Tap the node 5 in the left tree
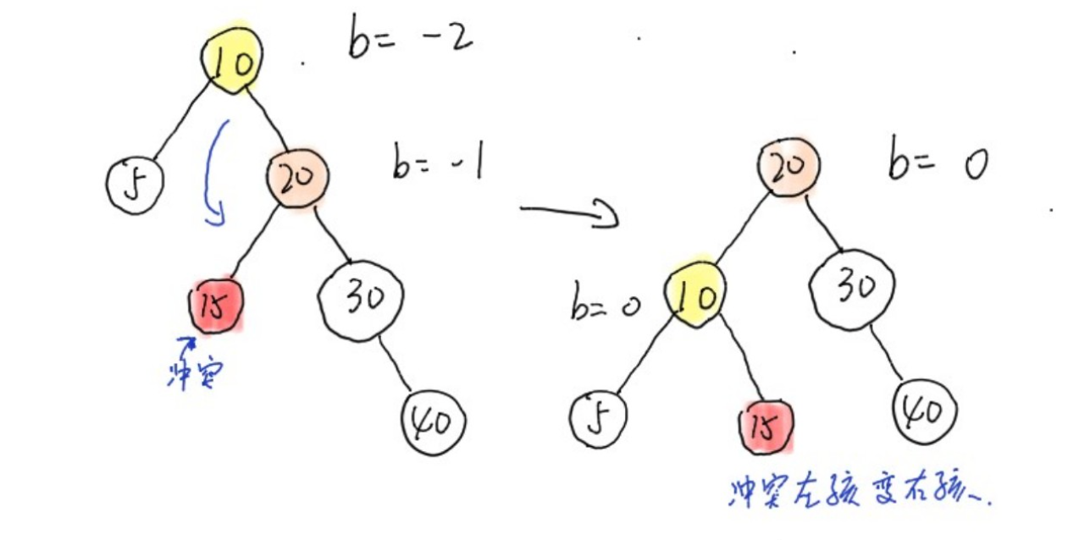[x=134, y=184]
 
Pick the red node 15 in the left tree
[x=216, y=304]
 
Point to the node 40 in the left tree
[x=434, y=420]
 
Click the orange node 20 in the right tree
[x=788, y=165]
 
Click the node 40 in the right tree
[x=926, y=413]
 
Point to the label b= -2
[x=410, y=39]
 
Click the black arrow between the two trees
[x=569, y=212]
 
